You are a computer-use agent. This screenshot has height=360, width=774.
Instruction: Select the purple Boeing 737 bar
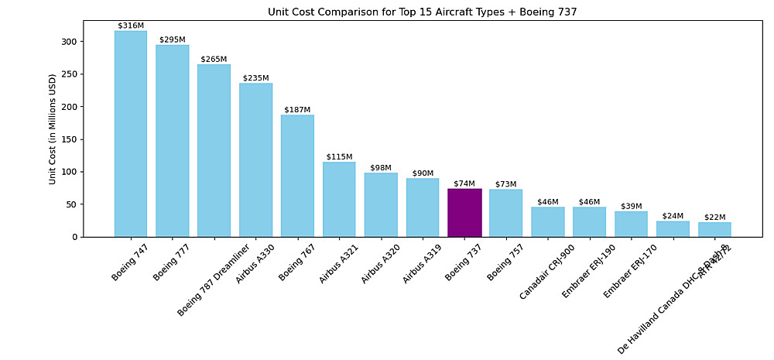pos(464,212)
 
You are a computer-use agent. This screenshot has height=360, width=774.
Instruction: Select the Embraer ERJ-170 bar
pos(631,224)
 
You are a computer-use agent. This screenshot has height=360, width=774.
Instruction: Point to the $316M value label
pos(131,26)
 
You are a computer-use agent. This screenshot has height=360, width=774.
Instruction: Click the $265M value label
pos(214,59)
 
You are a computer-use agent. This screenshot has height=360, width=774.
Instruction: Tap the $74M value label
pos(464,183)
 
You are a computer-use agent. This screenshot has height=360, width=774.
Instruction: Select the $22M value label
pos(714,218)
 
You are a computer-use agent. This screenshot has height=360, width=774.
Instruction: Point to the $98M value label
pos(381,168)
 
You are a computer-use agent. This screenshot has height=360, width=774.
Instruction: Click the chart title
pos(422,12)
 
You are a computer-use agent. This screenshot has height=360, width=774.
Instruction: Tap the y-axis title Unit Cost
pos(53,129)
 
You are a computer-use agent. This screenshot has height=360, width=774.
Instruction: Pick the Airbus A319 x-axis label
pos(420,264)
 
